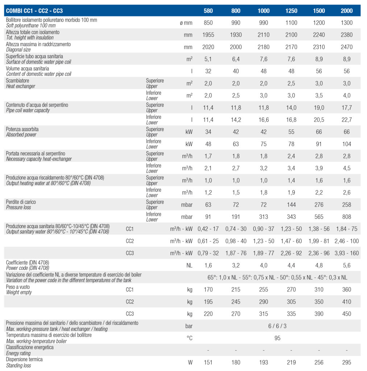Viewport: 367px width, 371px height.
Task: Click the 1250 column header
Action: click(x=291, y=11)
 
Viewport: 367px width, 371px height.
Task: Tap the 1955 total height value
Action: click(x=208, y=35)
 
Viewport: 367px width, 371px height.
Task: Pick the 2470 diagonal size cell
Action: click(x=346, y=47)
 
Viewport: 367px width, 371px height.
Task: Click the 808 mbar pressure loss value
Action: click(x=346, y=217)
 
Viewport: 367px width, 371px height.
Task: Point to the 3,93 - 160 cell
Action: click(x=346, y=253)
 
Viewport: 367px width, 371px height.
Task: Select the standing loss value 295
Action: click(x=346, y=362)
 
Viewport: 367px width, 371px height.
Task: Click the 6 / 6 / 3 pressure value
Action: click(x=277, y=326)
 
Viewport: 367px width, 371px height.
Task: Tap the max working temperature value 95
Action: click(x=277, y=338)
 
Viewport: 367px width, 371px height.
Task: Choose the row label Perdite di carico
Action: click(x=21, y=202)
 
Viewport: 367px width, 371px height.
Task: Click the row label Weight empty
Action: click(x=19, y=292)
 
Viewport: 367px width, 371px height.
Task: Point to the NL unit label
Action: click(x=189, y=265)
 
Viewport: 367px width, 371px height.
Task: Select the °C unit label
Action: click(x=189, y=338)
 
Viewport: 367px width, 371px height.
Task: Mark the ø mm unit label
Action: click(x=186, y=23)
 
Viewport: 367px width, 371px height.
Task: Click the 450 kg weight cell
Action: click(x=346, y=314)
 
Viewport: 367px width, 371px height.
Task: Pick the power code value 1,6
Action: click(x=208, y=265)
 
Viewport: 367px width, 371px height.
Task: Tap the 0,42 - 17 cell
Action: click(x=208, y=229)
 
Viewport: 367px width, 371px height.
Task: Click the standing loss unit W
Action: click(x=190, y=362)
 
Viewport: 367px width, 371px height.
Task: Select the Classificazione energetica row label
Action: click(x=30, y=347)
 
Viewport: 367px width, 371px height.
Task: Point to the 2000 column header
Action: click(x=346, y=11)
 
